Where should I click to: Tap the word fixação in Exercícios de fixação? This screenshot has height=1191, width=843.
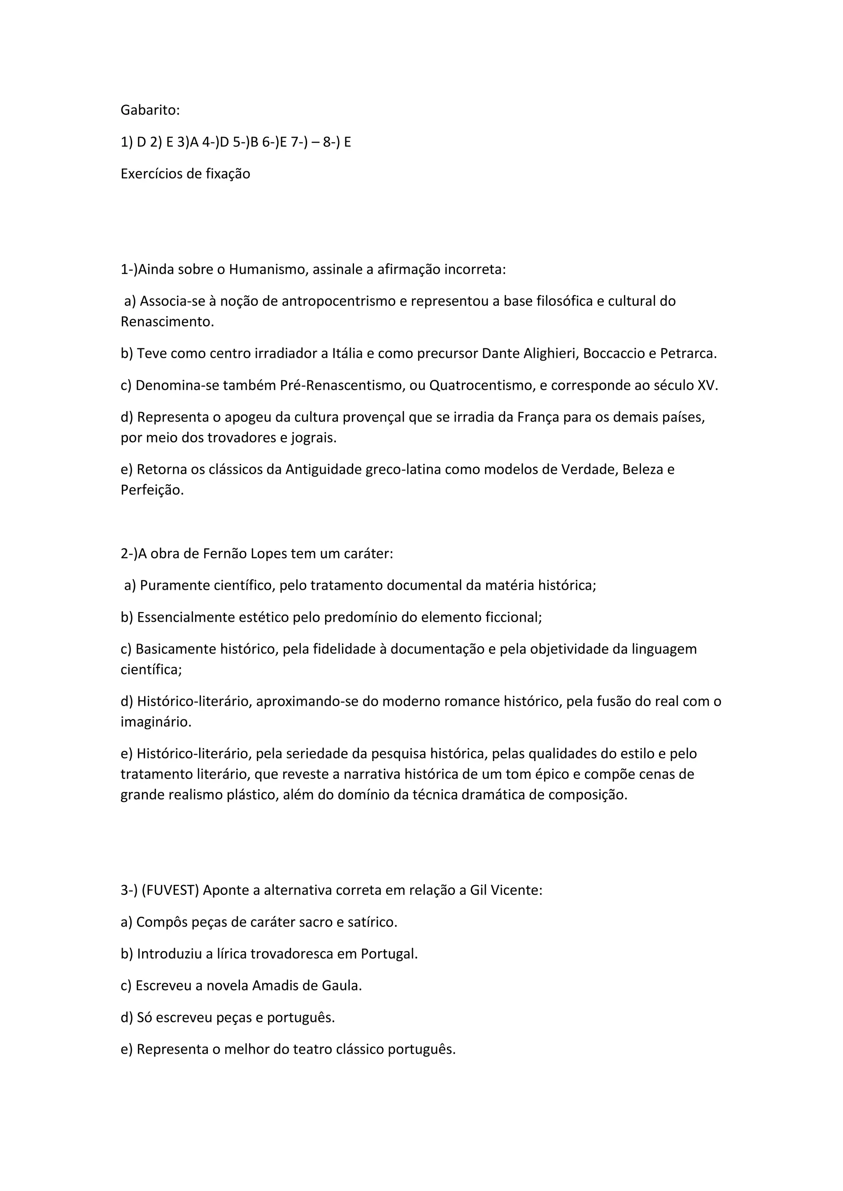pyautogui.click(x=228, y=174)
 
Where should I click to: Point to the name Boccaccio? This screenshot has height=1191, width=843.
pyautogui.click(x=614, y=354)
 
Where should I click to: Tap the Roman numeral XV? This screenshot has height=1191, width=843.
pyautogui.click(x=708, y=385)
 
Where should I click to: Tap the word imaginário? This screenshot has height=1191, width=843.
pyautogui.click(x=156, y=722)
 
